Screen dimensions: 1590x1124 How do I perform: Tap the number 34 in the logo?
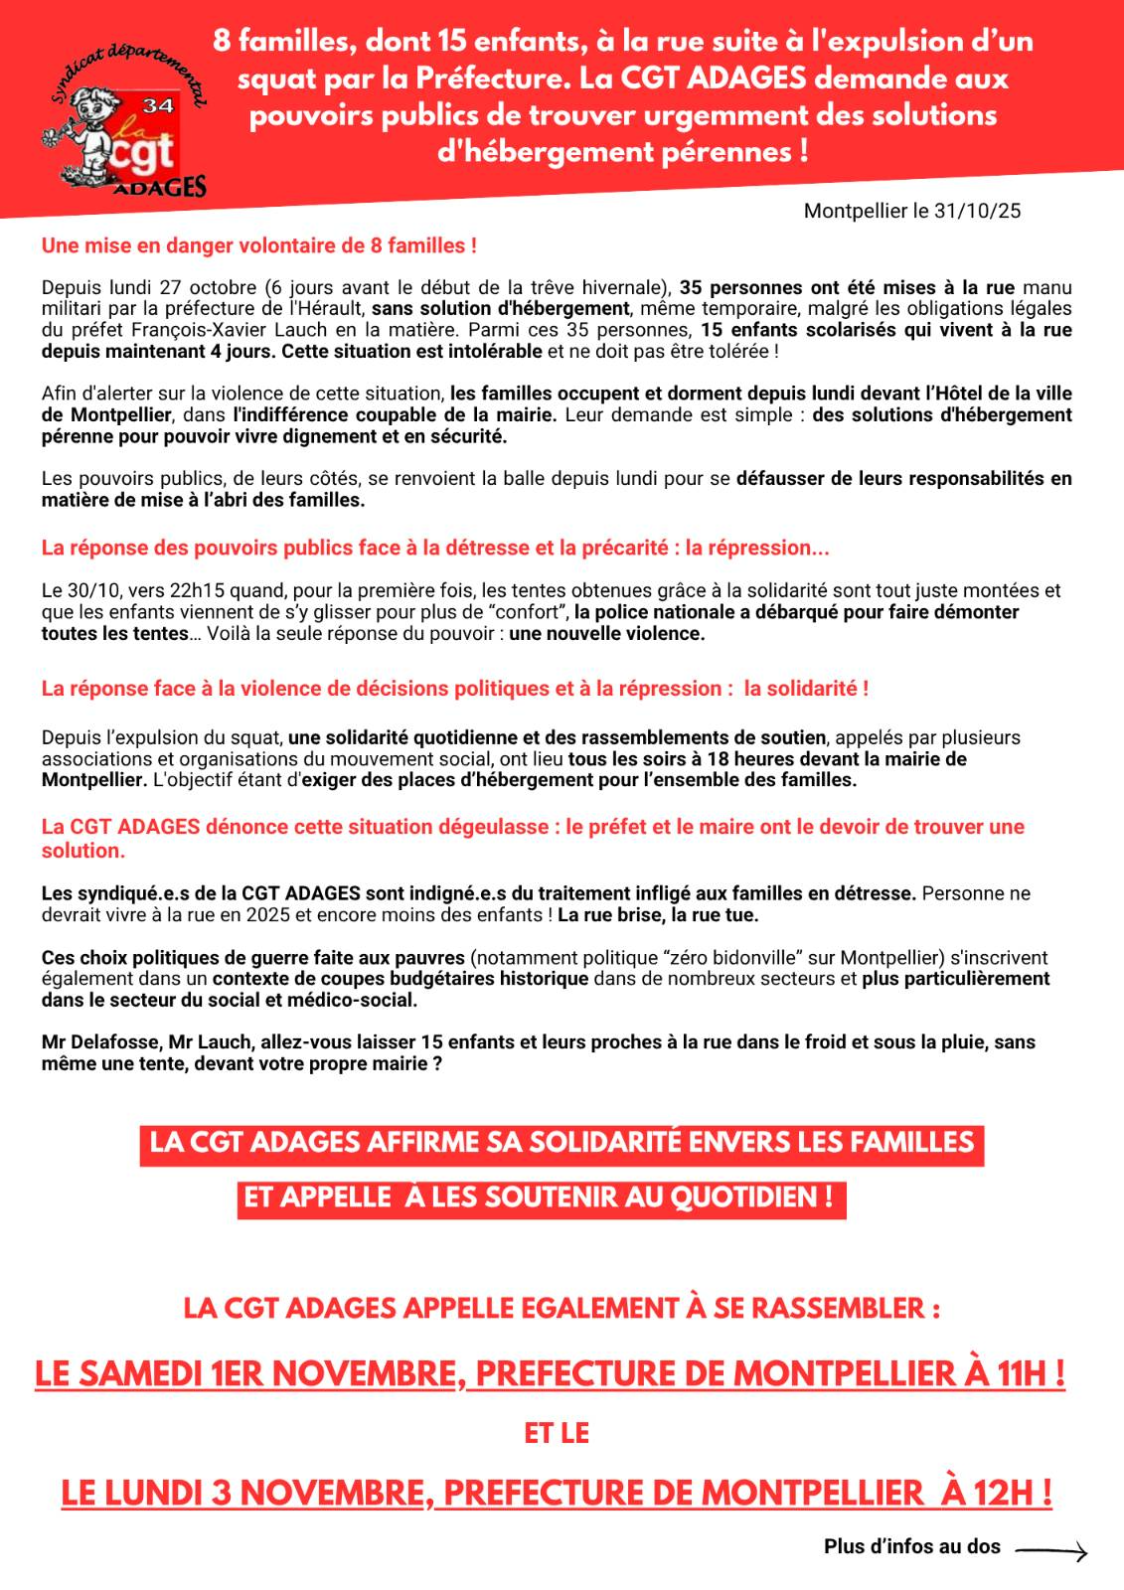[x=158, y=105]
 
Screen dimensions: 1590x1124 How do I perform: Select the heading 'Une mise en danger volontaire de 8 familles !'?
[x=258, y=245]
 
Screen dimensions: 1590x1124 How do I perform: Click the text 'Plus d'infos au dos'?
[x=911, y=1547]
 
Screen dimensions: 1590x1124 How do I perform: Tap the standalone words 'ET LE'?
[x=557, y=1433]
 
